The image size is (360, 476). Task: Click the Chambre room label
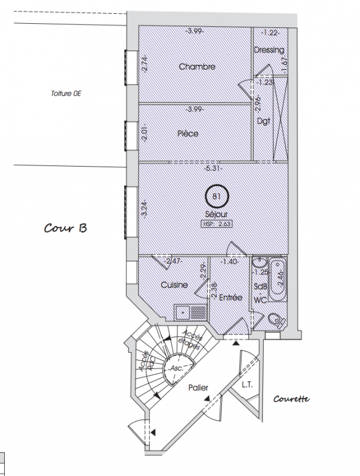coord(197,67)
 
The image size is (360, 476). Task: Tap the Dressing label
coord(269,50)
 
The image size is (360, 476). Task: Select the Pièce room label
coord(188,133)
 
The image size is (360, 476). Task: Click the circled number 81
coord(217,196)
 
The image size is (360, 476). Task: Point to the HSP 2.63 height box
coord(217,224)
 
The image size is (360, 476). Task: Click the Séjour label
coord(217,214)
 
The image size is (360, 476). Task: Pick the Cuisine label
coord(174,285)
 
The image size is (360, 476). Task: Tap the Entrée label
coord(230,297)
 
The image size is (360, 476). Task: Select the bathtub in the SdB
coord(278,280)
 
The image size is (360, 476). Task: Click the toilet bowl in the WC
coord(277,320)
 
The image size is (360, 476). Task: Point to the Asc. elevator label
coord(177,368)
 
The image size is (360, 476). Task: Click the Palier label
coord(198,388)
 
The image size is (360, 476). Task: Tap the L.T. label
coord(247,384)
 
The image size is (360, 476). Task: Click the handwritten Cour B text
coord(65,228)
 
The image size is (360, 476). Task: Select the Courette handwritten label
coord(292,399)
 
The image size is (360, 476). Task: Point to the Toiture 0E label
coord(66,93)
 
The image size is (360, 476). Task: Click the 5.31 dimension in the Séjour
coord(213,168)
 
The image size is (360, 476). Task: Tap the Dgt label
coord(264,121)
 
